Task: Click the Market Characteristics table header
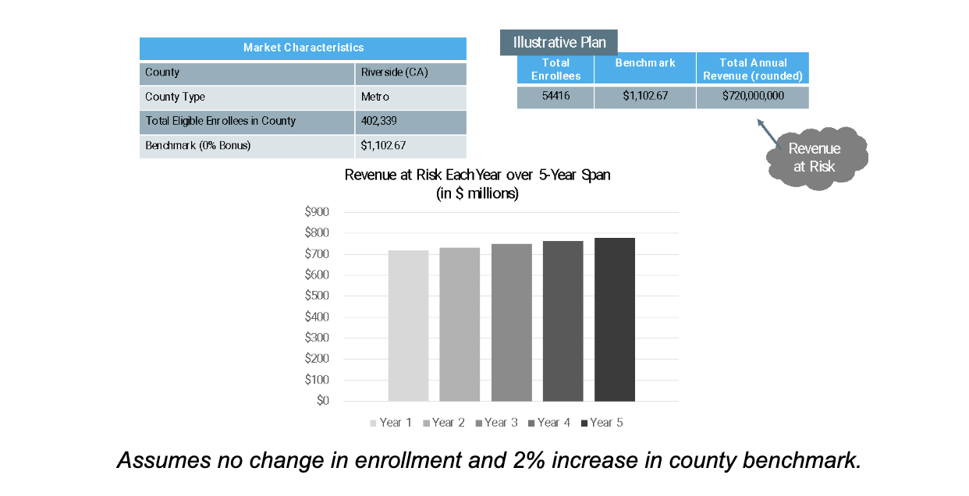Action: (x=303, y=48)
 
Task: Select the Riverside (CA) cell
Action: (x=410, y=73)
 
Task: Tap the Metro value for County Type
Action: (x=410, y=97)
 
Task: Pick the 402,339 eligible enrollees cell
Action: (x=410, y=122)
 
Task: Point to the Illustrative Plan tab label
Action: (x=559, y=42)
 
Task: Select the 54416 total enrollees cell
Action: (x=555, y=97)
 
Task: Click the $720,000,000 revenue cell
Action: (x=753, y=97)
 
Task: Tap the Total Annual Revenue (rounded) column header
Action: (x=753, y=69)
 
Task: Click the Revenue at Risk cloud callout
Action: (x=816, y=158)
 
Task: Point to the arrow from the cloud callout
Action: (x=768, y=133)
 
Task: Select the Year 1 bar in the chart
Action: (x=408, y=326)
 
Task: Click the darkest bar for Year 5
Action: (x=615, y=320)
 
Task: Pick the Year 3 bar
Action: (x=511, y=323)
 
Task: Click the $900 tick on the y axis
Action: (x=317, y=212)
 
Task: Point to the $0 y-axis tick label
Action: (x=323, y=401)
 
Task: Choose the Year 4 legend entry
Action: (x=549, y=423)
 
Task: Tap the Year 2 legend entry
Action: (x=444, y=423)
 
